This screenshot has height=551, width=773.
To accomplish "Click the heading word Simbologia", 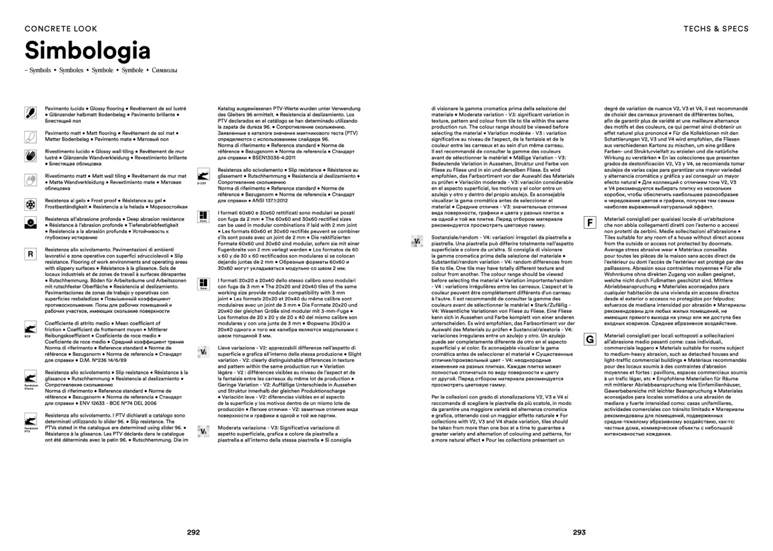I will point(87,51).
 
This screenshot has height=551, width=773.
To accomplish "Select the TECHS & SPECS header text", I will point(716,28).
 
